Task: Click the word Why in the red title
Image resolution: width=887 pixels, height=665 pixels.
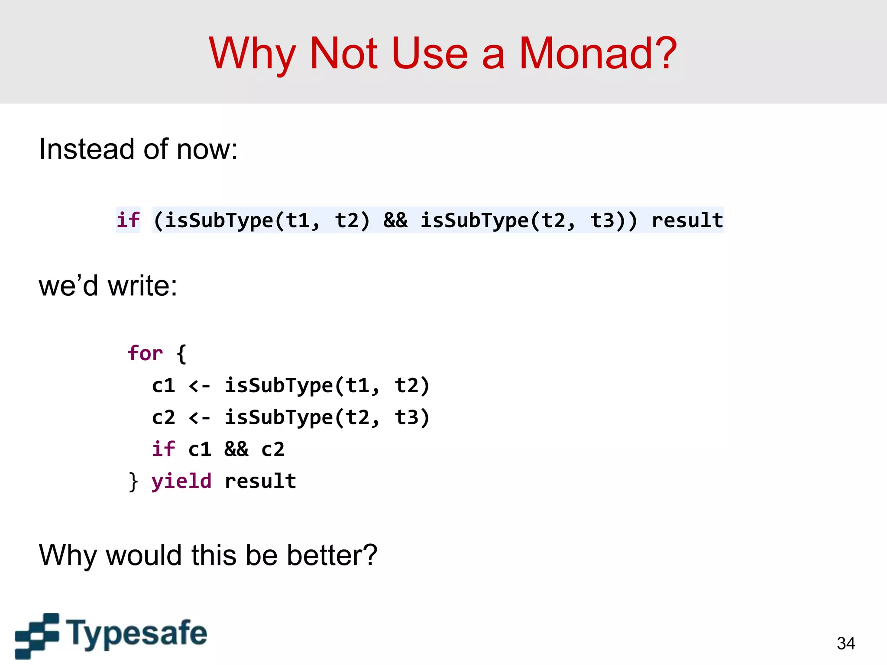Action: pos(251,54)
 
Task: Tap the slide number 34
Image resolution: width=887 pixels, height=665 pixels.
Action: pos(845,643)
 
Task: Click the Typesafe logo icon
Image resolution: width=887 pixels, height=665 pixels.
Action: pos(37,635)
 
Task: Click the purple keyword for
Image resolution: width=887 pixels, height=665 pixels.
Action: pos(145,353)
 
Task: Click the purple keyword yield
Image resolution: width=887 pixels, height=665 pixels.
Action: pos(181,481)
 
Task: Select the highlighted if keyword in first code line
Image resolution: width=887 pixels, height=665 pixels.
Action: pos(128,220)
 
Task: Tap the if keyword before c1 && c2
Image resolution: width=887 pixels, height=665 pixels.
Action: pos(163,449)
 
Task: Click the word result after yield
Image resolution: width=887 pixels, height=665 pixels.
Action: pos(260,481)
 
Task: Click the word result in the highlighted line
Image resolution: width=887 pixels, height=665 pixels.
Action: pos(687,220)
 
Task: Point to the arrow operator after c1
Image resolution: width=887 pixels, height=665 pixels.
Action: pos(200,385)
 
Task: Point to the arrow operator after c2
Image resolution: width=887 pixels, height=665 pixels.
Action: pos(200,417)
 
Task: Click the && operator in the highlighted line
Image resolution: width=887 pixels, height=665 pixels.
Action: pos(395,220)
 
